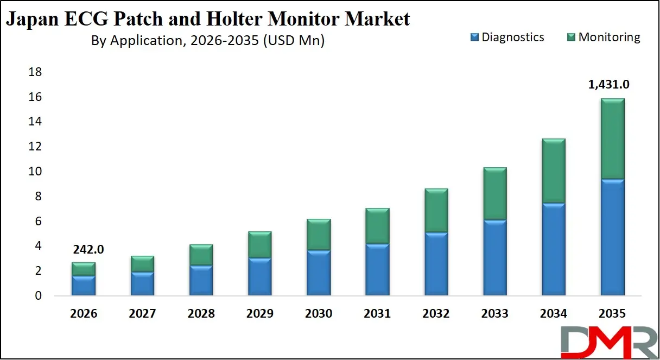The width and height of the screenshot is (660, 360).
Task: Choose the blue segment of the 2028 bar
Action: point(200,280)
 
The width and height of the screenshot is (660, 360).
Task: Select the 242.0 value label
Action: point(87,249)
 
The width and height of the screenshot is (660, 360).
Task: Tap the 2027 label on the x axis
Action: point(142,314)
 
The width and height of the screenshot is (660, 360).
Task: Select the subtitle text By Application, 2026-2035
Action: point(207,40)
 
